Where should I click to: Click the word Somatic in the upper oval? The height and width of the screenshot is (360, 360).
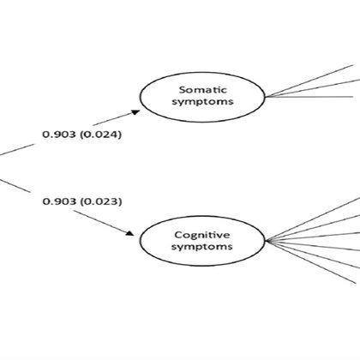(203, 90)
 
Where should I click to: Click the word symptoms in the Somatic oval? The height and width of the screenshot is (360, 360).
(202, 102)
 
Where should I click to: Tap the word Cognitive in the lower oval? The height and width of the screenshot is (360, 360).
(202, 235)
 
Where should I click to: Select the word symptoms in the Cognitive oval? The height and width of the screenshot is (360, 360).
(202, 247)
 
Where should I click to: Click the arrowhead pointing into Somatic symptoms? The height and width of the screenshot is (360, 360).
(135, 112)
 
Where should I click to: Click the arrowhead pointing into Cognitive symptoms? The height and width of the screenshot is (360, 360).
(130, 233)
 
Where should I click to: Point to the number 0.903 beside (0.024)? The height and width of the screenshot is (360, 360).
(59, 135)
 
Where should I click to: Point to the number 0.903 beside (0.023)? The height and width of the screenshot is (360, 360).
(59, 201)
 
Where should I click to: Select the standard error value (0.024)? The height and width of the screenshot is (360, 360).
(100, 135)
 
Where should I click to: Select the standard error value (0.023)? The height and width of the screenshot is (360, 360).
(101, 201)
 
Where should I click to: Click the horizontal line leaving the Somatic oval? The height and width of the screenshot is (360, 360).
(309, 97)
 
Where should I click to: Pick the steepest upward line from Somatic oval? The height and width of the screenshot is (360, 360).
(309, 81)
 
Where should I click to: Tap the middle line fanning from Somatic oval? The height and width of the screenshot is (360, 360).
(313, 88)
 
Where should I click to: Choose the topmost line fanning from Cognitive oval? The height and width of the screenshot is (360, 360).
(313, 219)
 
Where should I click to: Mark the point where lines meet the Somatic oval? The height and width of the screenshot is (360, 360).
(266, 97)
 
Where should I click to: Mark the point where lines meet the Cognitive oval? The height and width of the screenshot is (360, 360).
(266, 241)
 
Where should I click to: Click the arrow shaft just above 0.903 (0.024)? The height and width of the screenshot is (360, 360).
(113, 119)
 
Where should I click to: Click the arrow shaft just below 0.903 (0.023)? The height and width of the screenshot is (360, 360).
(100, 222)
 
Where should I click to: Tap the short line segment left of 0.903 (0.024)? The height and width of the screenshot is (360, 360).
(16, 150)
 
